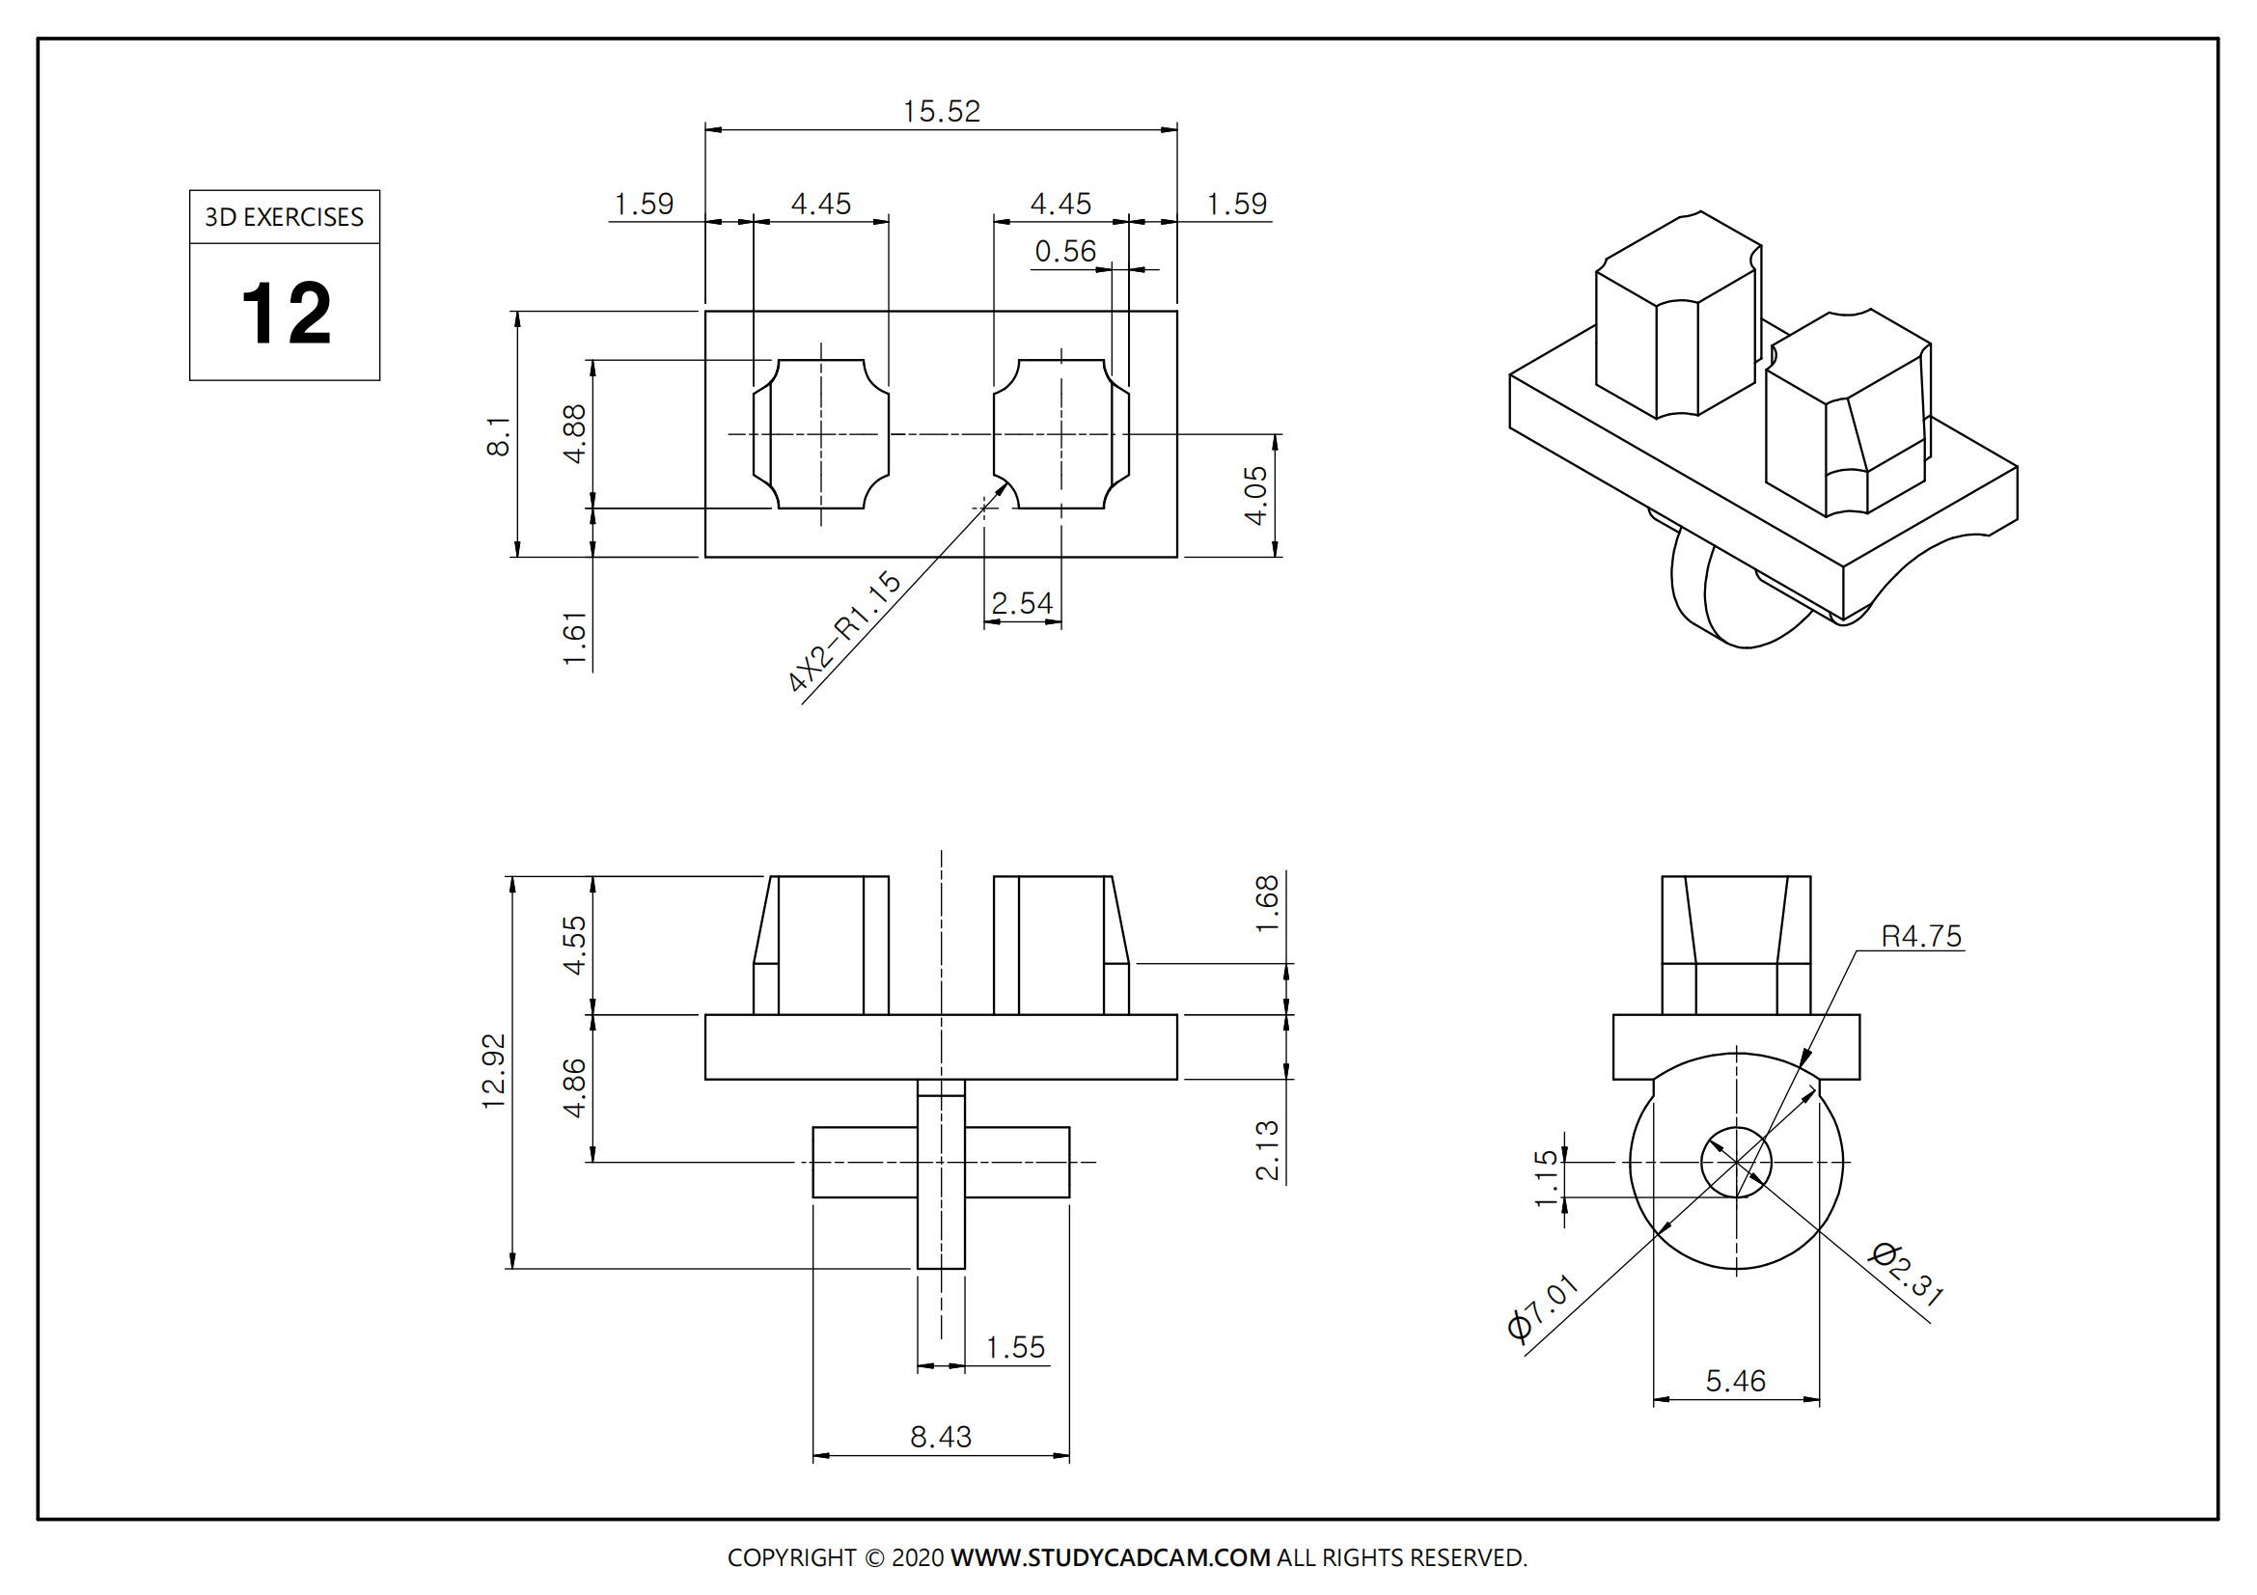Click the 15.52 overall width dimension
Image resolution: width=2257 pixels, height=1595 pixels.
(x=941, y=111)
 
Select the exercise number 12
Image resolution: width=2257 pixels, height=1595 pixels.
(x=286, y=314)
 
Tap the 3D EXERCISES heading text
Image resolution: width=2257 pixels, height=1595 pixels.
(x=284, y=217)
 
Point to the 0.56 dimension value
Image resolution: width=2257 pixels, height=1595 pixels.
(x=1064, y=252)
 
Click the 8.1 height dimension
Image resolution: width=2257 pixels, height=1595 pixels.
(x=498, y=435)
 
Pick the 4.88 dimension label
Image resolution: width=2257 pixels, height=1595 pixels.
(x=574, y=433)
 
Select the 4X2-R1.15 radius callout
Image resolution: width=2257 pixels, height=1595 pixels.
(x=843, y=632)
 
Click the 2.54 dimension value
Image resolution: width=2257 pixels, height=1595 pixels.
(x=1021, y=602)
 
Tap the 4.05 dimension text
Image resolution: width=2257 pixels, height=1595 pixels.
(x=1256, y=495)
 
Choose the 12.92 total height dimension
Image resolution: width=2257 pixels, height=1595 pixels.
(x=493, y=1071)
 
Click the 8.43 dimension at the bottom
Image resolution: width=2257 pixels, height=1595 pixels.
(x=940, y=1437)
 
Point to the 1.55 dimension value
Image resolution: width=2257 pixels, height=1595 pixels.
(x=1014, y=1347)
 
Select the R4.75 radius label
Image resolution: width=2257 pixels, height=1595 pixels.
(x=1921, y=937)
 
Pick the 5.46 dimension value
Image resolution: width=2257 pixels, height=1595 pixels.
(x=1735, y=1381)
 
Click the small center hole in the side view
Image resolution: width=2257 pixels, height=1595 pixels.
(x=1736, y=1163)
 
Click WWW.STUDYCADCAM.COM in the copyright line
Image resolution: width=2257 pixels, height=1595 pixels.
(x=1110, y=1557)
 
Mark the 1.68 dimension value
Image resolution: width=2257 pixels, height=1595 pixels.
(x=1267, y=903)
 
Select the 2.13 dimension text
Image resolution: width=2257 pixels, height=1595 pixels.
(x=1267, y=1149)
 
